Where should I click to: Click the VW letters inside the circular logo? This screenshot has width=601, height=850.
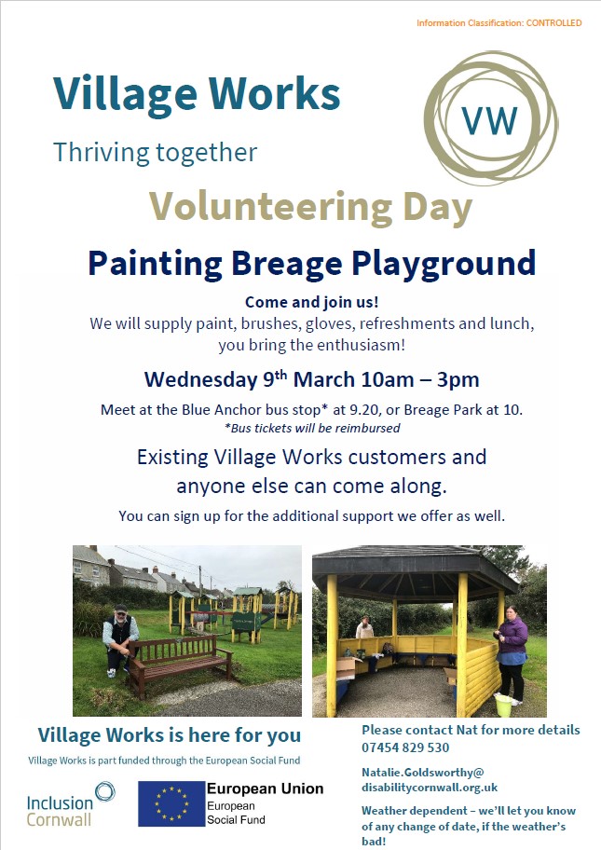click(x=489, y=120)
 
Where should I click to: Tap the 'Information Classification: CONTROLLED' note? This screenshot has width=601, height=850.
click(x=499, y=22)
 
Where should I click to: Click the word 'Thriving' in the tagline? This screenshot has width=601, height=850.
click(x=101, y=152)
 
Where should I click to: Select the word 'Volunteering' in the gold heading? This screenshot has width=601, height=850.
click(x=270, y=208)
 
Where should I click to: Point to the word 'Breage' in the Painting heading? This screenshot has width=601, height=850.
click(x=287, y=264)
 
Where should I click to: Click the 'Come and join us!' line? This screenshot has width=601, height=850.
click(x=311, y=302)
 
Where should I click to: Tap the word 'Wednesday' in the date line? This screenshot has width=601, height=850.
click(x=200, y=379)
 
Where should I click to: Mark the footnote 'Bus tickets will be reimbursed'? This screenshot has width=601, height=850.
click(x=315, y=428)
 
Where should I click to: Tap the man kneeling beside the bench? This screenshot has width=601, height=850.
click(x=120, y=639)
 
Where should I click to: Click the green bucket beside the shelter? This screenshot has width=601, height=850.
click(x=503, y=705)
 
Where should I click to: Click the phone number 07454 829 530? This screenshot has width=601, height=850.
click(x=405, y=747)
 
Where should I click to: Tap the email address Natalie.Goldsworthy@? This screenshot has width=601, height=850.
click(x=423, y=773)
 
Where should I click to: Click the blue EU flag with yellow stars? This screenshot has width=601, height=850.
click(x=171, y=804)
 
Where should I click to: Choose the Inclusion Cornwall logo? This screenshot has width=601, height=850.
click(x=70, y=804)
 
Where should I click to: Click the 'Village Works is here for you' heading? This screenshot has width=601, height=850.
click(x=169, y=735)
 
